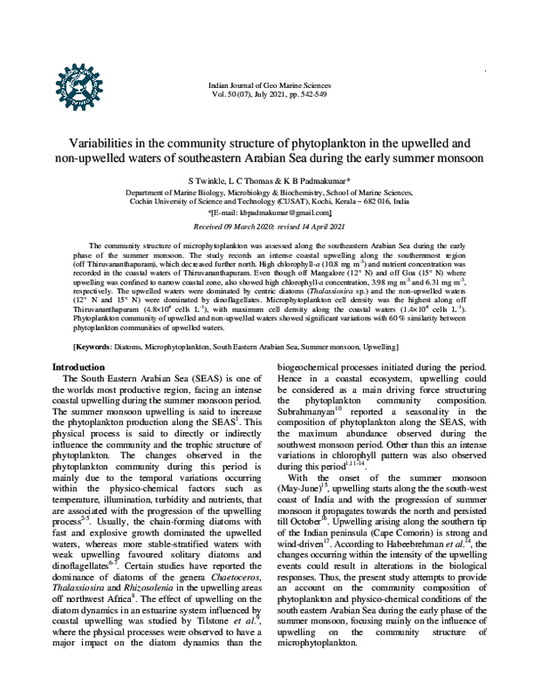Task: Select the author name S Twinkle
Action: pos(211,180)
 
